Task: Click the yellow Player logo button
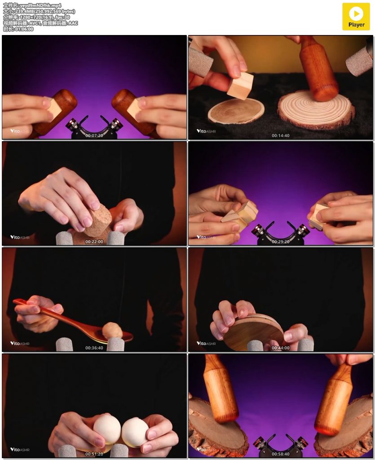click(356, 17)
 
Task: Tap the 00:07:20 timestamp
click(94, 136)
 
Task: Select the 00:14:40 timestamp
click(280, 136)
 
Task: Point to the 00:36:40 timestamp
click(94, 348)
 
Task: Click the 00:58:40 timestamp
click(280, 454)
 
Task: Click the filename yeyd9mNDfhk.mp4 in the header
click(40, 5)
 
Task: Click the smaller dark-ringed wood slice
click(236, 111)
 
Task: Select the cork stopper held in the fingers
click(98, 220)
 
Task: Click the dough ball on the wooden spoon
click(112, 330)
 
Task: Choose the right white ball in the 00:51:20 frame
click(134, 432)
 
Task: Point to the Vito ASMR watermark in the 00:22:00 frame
click(20, 237)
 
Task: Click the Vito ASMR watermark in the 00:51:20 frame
click(20, 449)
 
